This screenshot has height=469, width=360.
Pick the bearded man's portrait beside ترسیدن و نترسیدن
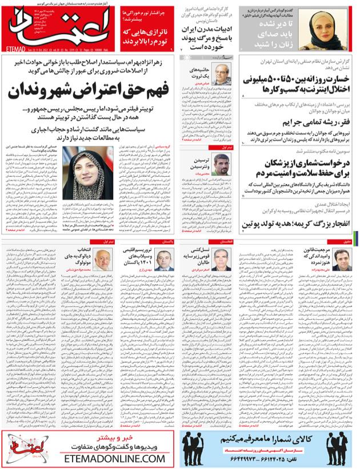(x=220, y=164)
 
